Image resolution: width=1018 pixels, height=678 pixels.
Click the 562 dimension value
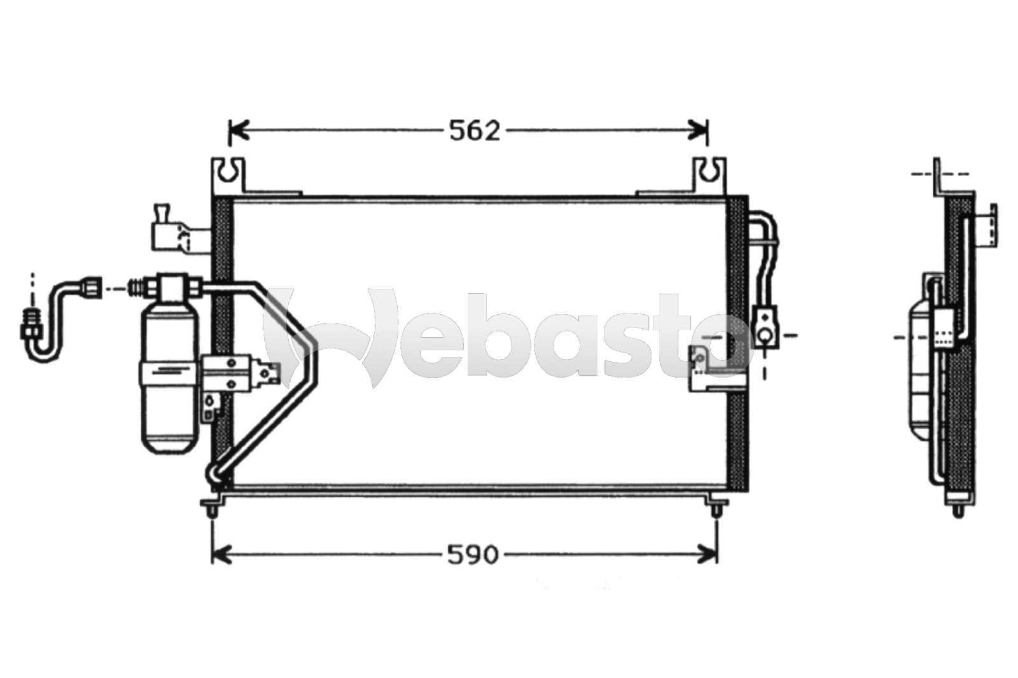click(x=475, y=131)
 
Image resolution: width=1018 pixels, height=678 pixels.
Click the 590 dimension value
click(x=473, y=555)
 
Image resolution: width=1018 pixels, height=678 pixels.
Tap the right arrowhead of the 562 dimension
click(x=697, y=131)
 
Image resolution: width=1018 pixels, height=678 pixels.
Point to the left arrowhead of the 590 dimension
click(x=222, y=555)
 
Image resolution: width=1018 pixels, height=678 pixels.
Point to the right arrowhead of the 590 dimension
click(x=708, y=555)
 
